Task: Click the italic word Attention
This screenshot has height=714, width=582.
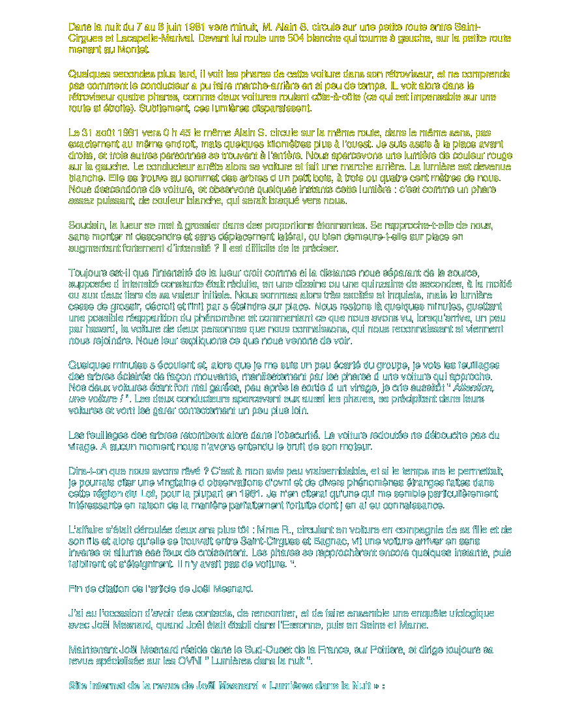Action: point(473,387)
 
